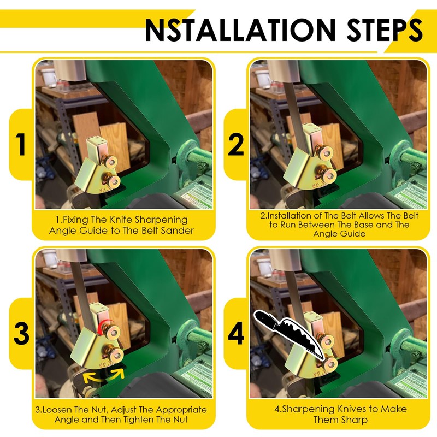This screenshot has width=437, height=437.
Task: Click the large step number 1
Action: [21, 146]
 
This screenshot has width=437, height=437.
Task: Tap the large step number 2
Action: [235, 146]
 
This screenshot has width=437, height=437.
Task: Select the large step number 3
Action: [21, 334]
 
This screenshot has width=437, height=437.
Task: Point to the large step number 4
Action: [235, 334]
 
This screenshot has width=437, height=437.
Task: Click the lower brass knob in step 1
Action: [113, 181]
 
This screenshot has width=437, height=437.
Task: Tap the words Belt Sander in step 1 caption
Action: [167, 231]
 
